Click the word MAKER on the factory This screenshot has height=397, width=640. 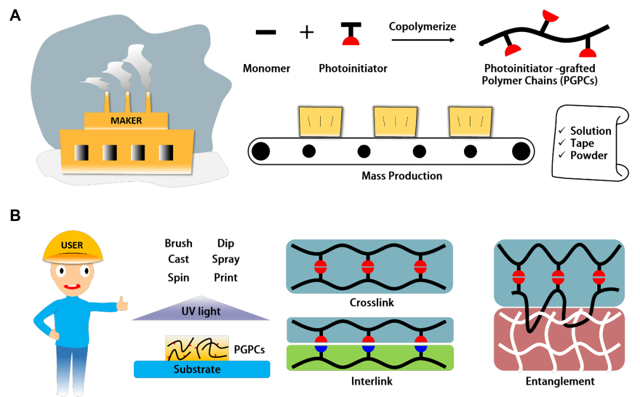click(126, 121)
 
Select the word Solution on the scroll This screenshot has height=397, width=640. click(590, 131)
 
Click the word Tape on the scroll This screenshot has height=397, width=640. click(582, 143)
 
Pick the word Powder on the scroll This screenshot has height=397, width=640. click(588, 155)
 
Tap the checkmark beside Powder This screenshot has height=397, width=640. click(562, 155)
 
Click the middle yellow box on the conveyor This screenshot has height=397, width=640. click(395, 121)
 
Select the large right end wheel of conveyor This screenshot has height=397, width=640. click(521, 152)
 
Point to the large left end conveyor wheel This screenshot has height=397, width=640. click(260, 152)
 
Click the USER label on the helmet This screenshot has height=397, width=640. click(72, 245)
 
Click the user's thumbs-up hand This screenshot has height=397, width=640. click(122, 304)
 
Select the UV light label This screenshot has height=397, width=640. click(201, 312)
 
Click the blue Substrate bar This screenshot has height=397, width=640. click(201, 369)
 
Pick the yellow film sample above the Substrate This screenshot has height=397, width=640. click(197, 348)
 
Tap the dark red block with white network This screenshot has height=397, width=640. click(559, 340)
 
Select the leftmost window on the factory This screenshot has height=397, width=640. click(82, 152)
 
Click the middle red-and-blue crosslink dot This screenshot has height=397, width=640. click(368, 344)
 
